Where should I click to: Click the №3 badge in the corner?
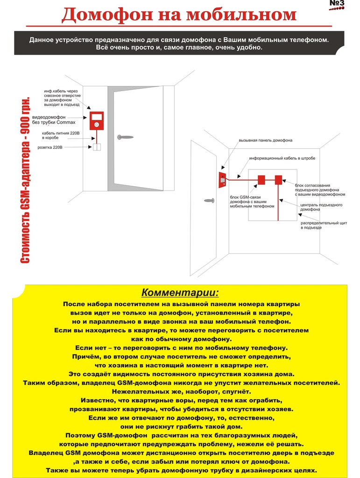[337, 4]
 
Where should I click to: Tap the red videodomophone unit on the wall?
[96, 120]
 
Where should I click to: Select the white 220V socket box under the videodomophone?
[97, 148]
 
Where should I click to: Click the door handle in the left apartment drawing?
[125, 137]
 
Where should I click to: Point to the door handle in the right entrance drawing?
[209, 200]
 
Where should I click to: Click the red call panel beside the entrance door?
[223, 180]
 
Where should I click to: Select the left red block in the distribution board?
[261, 179]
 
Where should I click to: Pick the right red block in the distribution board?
[278, 179]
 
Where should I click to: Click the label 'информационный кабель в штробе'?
[282, 158]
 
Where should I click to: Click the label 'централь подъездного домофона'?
[321, 207]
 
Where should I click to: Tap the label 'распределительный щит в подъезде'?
[324, 225]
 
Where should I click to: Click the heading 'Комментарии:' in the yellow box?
[180, 293]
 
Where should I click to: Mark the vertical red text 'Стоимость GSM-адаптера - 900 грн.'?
[26, 180]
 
